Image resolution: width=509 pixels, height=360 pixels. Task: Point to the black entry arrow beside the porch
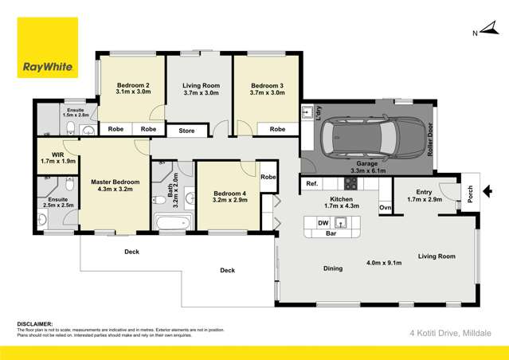487,190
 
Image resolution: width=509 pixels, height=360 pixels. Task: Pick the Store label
186,130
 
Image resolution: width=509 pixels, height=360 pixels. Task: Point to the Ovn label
386,208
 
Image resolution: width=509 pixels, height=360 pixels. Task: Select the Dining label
333,268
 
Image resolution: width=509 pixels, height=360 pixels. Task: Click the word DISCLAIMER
35,324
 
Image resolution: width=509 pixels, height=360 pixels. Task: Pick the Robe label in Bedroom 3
277,129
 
